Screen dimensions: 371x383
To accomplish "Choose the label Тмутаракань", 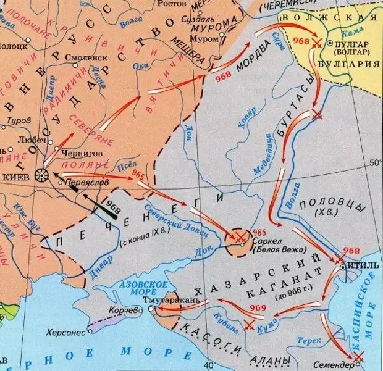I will pyautogui.click(x=167, y=300).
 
